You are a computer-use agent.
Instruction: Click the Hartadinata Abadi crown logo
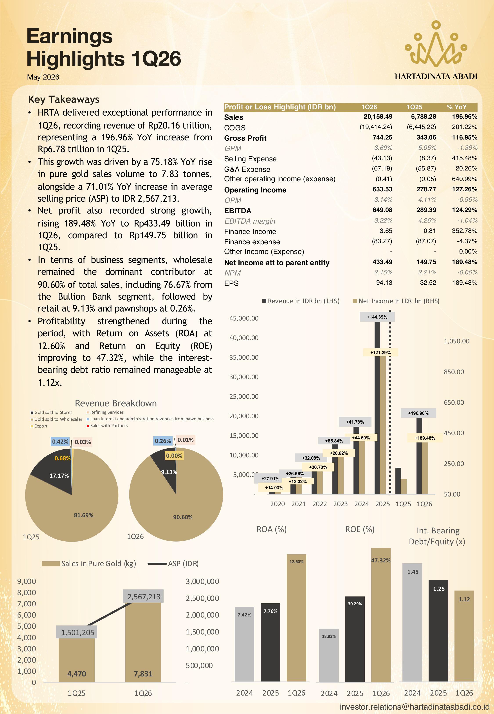(x=436, y=44)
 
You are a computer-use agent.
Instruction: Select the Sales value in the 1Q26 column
(x=378, y=117)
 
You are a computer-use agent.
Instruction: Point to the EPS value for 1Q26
(x=384, y=283)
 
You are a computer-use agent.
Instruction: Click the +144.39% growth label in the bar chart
(x=377, y=317)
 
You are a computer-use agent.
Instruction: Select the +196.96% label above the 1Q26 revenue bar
(x=418, y=413)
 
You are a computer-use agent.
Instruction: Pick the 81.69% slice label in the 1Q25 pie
(x=84, y=515)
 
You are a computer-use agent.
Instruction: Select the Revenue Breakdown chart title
(x=116, y=403)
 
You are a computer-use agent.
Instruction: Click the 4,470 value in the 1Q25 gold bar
(x=77, y=674)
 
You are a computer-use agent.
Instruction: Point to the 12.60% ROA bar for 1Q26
(x=297, y=618)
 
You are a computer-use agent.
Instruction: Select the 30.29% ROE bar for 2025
(x=355, y=639)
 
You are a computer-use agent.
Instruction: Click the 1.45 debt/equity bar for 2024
(x=412, y=622)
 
